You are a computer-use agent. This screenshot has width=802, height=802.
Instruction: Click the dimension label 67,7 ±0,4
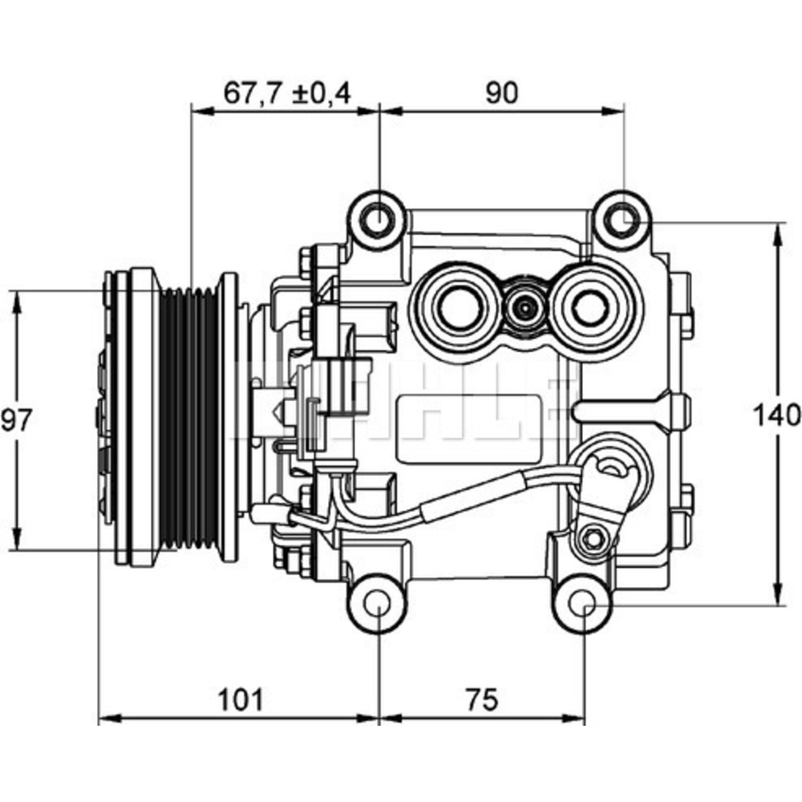(286, 94)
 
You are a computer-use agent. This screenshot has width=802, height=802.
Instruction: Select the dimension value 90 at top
(502, 94)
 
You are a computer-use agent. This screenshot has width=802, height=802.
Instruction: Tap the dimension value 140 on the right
(776, 415)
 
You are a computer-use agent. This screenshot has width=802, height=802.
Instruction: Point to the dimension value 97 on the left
(18, 419)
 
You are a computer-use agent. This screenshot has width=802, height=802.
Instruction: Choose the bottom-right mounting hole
(585, 604)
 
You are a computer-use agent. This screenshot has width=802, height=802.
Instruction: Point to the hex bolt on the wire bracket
(592, 537)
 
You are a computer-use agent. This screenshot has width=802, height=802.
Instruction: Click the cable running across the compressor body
(449, 505)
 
